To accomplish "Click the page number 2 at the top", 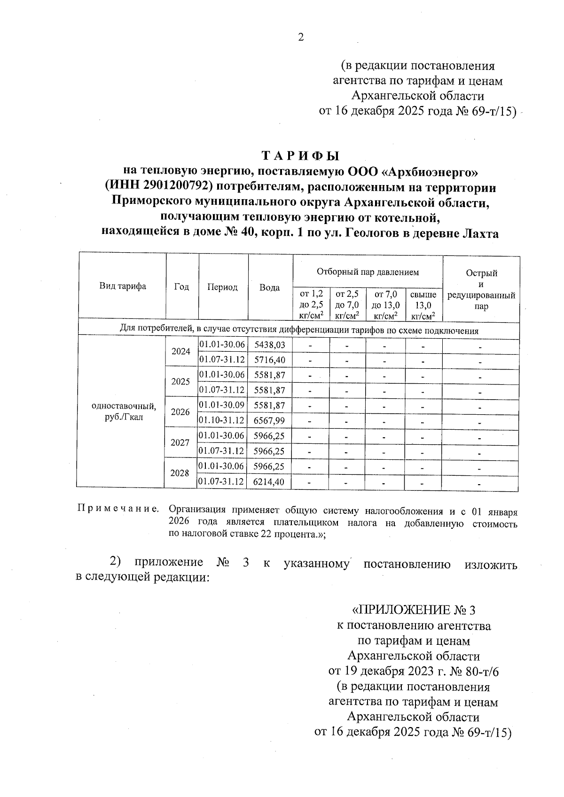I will click(x=301, y=37).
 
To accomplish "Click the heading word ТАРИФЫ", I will click(x=300, y=156).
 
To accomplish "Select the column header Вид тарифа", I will click(x=122, y=286).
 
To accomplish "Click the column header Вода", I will click(x=270, y=287).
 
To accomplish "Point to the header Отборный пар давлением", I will click(x=368, y=272).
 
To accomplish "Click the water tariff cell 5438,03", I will click(x=270, y=345).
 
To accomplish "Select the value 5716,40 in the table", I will click(x=270, y=360).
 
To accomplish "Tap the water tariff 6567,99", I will click(x=270, y=420).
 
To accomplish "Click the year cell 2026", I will click(x=180, y=412).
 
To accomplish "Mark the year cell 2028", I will click(x=180, y=473).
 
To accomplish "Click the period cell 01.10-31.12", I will click(x=222, y=420).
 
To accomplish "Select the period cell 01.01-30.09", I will click(x=222, y=405).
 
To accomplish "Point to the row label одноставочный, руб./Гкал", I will click(x=124, y=411).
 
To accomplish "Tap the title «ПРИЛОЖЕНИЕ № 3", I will click(x=414, y=610).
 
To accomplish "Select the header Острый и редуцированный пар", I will click(x=481, y=289).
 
